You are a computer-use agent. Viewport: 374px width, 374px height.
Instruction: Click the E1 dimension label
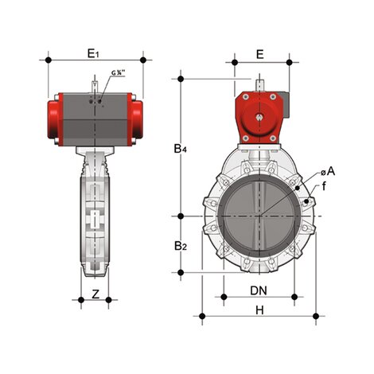(x=93, y=53)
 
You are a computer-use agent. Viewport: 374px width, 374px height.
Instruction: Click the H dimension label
(x=259, y=310)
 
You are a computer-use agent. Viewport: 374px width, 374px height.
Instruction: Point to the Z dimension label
(x=95, y=294)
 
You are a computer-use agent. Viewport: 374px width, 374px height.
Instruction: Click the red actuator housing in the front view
(x=258, y=119)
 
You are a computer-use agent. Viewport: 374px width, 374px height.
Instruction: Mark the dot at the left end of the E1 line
(x=49, y=60)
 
